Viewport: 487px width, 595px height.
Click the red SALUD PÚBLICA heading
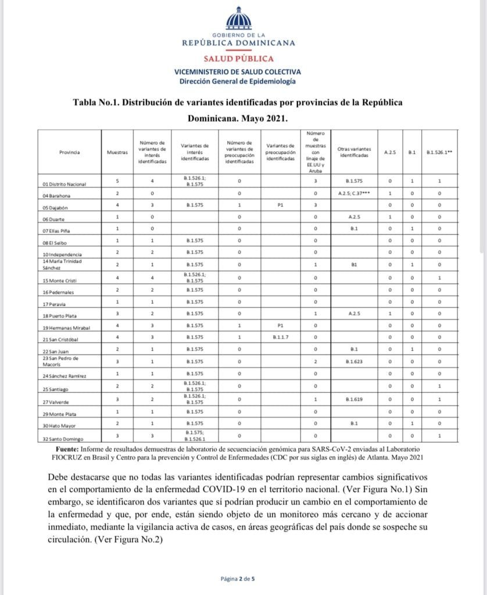pyautogui.click(x=238, y=59)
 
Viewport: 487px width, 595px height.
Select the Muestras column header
pyautogui.click(x=117, y=152)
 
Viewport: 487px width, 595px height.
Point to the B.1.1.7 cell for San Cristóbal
pyautogui.click(x=278, y=338)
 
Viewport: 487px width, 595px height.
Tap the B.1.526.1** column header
pyautogui.click(x=440, y=152)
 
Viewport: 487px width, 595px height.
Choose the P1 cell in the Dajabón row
pyautogui.click(x=278, y=205)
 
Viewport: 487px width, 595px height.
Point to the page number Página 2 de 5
pyautogui.click(x=238, y=579)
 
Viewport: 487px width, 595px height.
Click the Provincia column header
pyautogui.click(x=69, y=152)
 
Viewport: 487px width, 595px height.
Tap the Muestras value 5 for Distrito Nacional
pyautogui.click(x=117, y=181)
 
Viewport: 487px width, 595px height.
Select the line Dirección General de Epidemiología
pyautogui.click(x=238, y=82)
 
